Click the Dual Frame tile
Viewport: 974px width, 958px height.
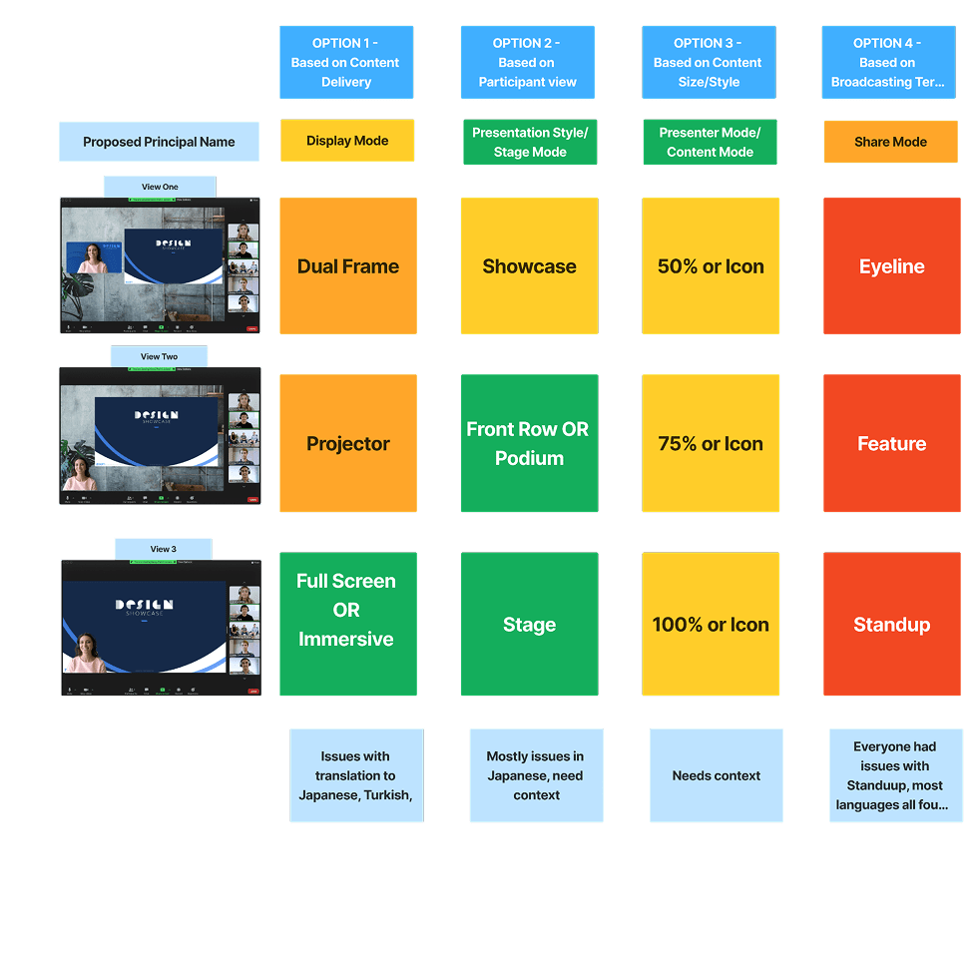tap(348, 266)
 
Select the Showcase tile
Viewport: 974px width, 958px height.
tap(529, 266)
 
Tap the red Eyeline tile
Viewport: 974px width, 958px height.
tap(891, 266)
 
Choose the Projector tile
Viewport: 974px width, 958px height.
tap(348, 443)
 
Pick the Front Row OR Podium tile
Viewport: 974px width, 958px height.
tap(529, 443)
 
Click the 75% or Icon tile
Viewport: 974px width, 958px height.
tap(711, 443)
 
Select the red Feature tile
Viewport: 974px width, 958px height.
tap(891, 443)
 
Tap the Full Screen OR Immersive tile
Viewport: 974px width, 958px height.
tap(348, 624)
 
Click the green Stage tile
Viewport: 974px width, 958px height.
tap(529, 624)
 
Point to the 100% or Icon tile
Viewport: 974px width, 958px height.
tap(711, 624)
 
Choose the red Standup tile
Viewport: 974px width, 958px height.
tap(891, 624)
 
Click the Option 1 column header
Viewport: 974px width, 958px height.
tap(346, 63)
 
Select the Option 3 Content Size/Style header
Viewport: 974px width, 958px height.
tap(709, 63)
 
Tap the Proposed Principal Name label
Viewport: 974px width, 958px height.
tap(159, 142)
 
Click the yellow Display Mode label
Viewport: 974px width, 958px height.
tap(347, 141)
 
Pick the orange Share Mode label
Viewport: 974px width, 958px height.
tap(890, 142)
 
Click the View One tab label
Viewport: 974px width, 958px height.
tap(160, 187)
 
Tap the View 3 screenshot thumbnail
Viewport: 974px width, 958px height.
tap(161, 628)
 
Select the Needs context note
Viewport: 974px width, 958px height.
tap(717, 775)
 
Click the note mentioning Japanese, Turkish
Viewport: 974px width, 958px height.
tap(356, 775)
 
